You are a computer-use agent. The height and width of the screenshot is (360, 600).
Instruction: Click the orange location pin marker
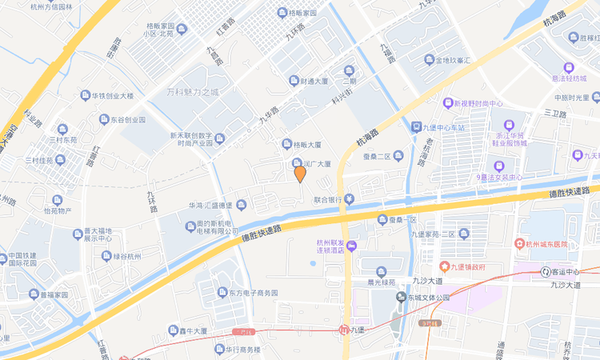pos(300,173)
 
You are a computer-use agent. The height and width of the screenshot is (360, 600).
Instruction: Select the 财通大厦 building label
pos(309,81)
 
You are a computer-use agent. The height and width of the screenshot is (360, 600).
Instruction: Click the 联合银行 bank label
pos(328,199)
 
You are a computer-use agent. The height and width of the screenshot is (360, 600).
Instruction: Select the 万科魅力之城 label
pos(192,92)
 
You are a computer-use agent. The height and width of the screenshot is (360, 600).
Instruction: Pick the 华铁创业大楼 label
pos(111,96)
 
